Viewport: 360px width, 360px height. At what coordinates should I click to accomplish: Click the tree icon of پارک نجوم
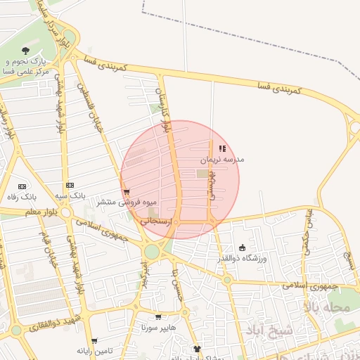pyautogui.click(x=26, y=50)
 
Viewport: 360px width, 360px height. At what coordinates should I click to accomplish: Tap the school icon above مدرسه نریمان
pyautogui.click(x=223, y=148)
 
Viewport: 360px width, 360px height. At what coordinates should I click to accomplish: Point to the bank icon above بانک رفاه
pyautogui.click(x=21, y=186)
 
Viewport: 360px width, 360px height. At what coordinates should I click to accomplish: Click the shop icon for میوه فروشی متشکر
pyautogui.click(x=126, y=191)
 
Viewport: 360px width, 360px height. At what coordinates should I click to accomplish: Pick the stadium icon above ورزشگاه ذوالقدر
pyautogui.click(x=243, y=247)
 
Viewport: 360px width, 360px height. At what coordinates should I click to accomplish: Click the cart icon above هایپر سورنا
pyautogui.click(x=158, y=317)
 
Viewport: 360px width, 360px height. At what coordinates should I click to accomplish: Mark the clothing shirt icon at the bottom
pyautogui.click(x=198, y=348)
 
